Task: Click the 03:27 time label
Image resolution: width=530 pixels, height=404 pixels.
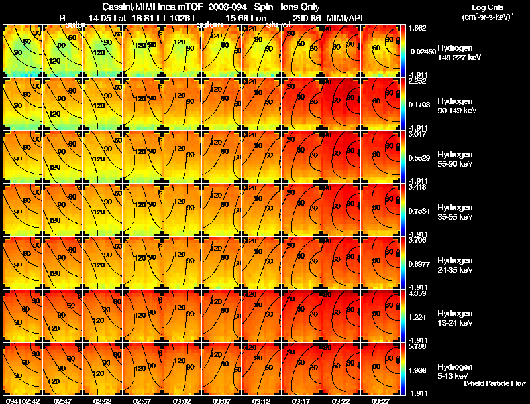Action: (380, 401)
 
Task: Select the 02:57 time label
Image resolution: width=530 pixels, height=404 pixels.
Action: (142, 401)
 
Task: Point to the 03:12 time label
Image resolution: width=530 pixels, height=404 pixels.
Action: (261, 401)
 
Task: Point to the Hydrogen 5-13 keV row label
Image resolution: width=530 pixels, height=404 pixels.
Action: (454, 370)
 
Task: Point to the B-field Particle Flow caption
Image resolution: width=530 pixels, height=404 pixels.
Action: (495, 383)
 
